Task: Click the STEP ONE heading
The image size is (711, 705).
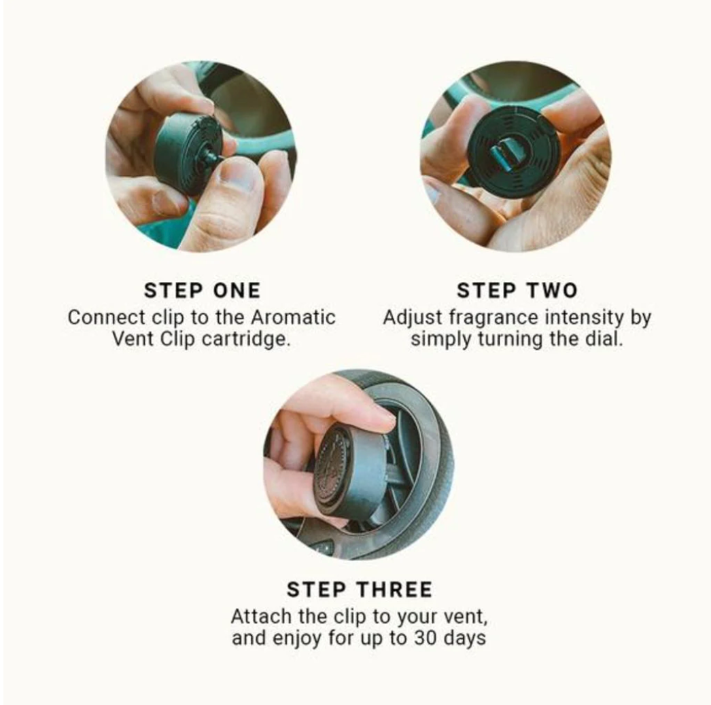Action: [x=203, y=291]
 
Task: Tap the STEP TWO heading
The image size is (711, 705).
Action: [x=517, y=291]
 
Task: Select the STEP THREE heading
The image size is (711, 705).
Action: [x=360, y=590]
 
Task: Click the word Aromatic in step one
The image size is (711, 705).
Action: [x=293, y=317]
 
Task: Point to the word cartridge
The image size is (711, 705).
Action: [x=245, y=340]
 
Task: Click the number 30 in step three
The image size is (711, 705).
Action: [x=425, y=638]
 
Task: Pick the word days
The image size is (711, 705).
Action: [x=465, y=638]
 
